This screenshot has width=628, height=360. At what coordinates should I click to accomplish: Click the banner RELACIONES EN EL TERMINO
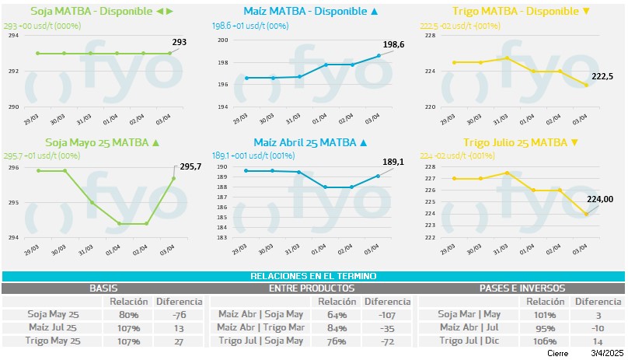click(x=313, y=276)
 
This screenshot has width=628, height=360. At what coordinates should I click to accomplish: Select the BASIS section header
click(x=104, y=288)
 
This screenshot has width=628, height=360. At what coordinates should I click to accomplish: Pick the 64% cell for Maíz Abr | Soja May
click(x=337, y=315)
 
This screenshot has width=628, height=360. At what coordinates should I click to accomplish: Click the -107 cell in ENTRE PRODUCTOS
click(x=387, y=315)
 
